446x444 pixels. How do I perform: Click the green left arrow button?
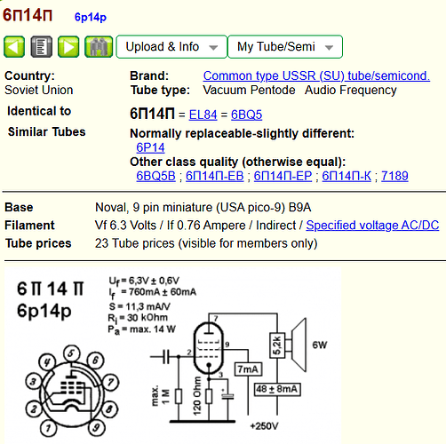coord(14,47)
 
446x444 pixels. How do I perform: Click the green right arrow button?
coord(68,47)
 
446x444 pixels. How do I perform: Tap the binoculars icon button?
coord(99,47)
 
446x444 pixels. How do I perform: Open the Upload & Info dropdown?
coord(171,47)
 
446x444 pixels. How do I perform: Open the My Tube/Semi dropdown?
coord(285,47)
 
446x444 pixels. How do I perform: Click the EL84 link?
coord(203,115)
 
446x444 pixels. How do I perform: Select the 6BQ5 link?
coord(246,115)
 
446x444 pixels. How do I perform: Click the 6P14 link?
coord(150,147)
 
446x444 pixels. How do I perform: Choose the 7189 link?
coord(394,176)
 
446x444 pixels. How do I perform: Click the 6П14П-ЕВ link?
coord(214,176)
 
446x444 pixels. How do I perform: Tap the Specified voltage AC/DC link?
coord(372,226)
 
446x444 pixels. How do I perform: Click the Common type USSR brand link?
coord(316,76)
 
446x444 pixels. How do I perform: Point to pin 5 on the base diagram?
coord(71,353)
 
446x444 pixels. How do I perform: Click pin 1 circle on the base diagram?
coord(48,428)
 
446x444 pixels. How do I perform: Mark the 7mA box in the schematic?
coord(248,369)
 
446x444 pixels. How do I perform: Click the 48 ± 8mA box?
coord(277,389)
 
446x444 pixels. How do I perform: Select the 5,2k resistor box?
coord(277,345)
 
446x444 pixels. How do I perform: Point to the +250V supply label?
coord(264,426)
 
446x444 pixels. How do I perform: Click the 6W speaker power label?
coord(320,345)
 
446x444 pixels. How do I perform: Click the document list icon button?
coord(42,47)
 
